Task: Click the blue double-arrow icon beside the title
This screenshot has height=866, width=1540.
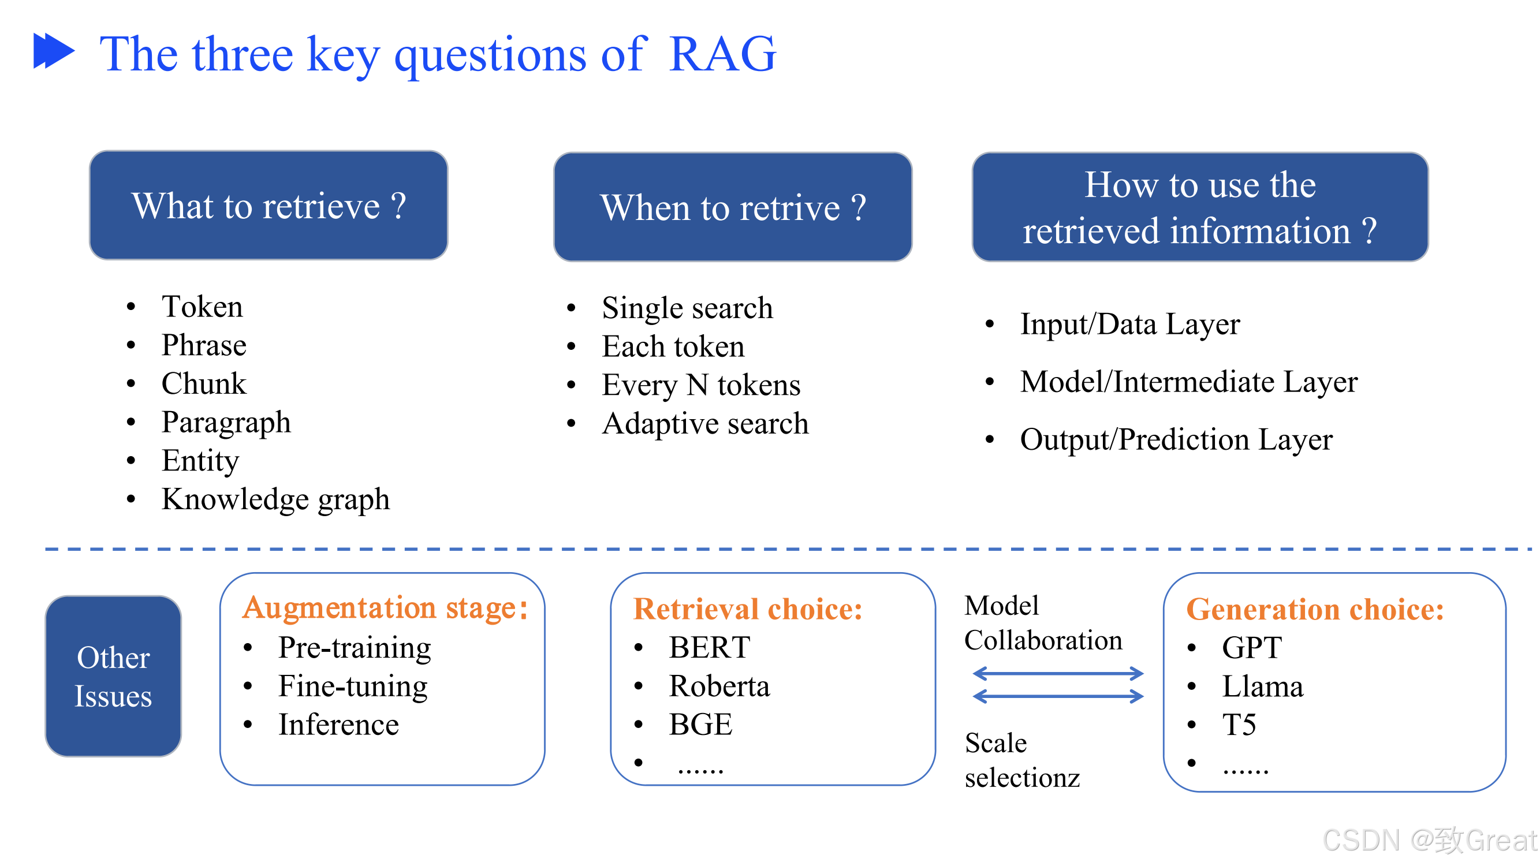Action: pos(54,51)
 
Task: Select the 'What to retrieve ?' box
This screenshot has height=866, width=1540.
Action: pos(269,206)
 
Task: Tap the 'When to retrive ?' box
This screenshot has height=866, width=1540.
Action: pos(733,207)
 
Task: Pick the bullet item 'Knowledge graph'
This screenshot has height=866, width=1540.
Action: pos(275,499)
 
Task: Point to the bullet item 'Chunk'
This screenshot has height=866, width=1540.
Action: pos(204,384)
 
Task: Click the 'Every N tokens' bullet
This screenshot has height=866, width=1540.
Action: pos(701,385)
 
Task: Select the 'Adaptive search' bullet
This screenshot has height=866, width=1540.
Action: pos(706,424)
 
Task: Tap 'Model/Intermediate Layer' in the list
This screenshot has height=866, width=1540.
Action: pos(1189,382)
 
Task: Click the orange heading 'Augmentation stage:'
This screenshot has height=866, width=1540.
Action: pos(385,609)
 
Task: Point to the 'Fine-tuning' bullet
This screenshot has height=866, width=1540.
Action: pos(353,686)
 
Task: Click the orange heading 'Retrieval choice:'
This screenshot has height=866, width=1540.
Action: pos(748,610)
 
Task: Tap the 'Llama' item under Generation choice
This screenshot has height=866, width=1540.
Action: pos(1263,686)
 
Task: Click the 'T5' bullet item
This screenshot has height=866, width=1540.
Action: pos(1239,725)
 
